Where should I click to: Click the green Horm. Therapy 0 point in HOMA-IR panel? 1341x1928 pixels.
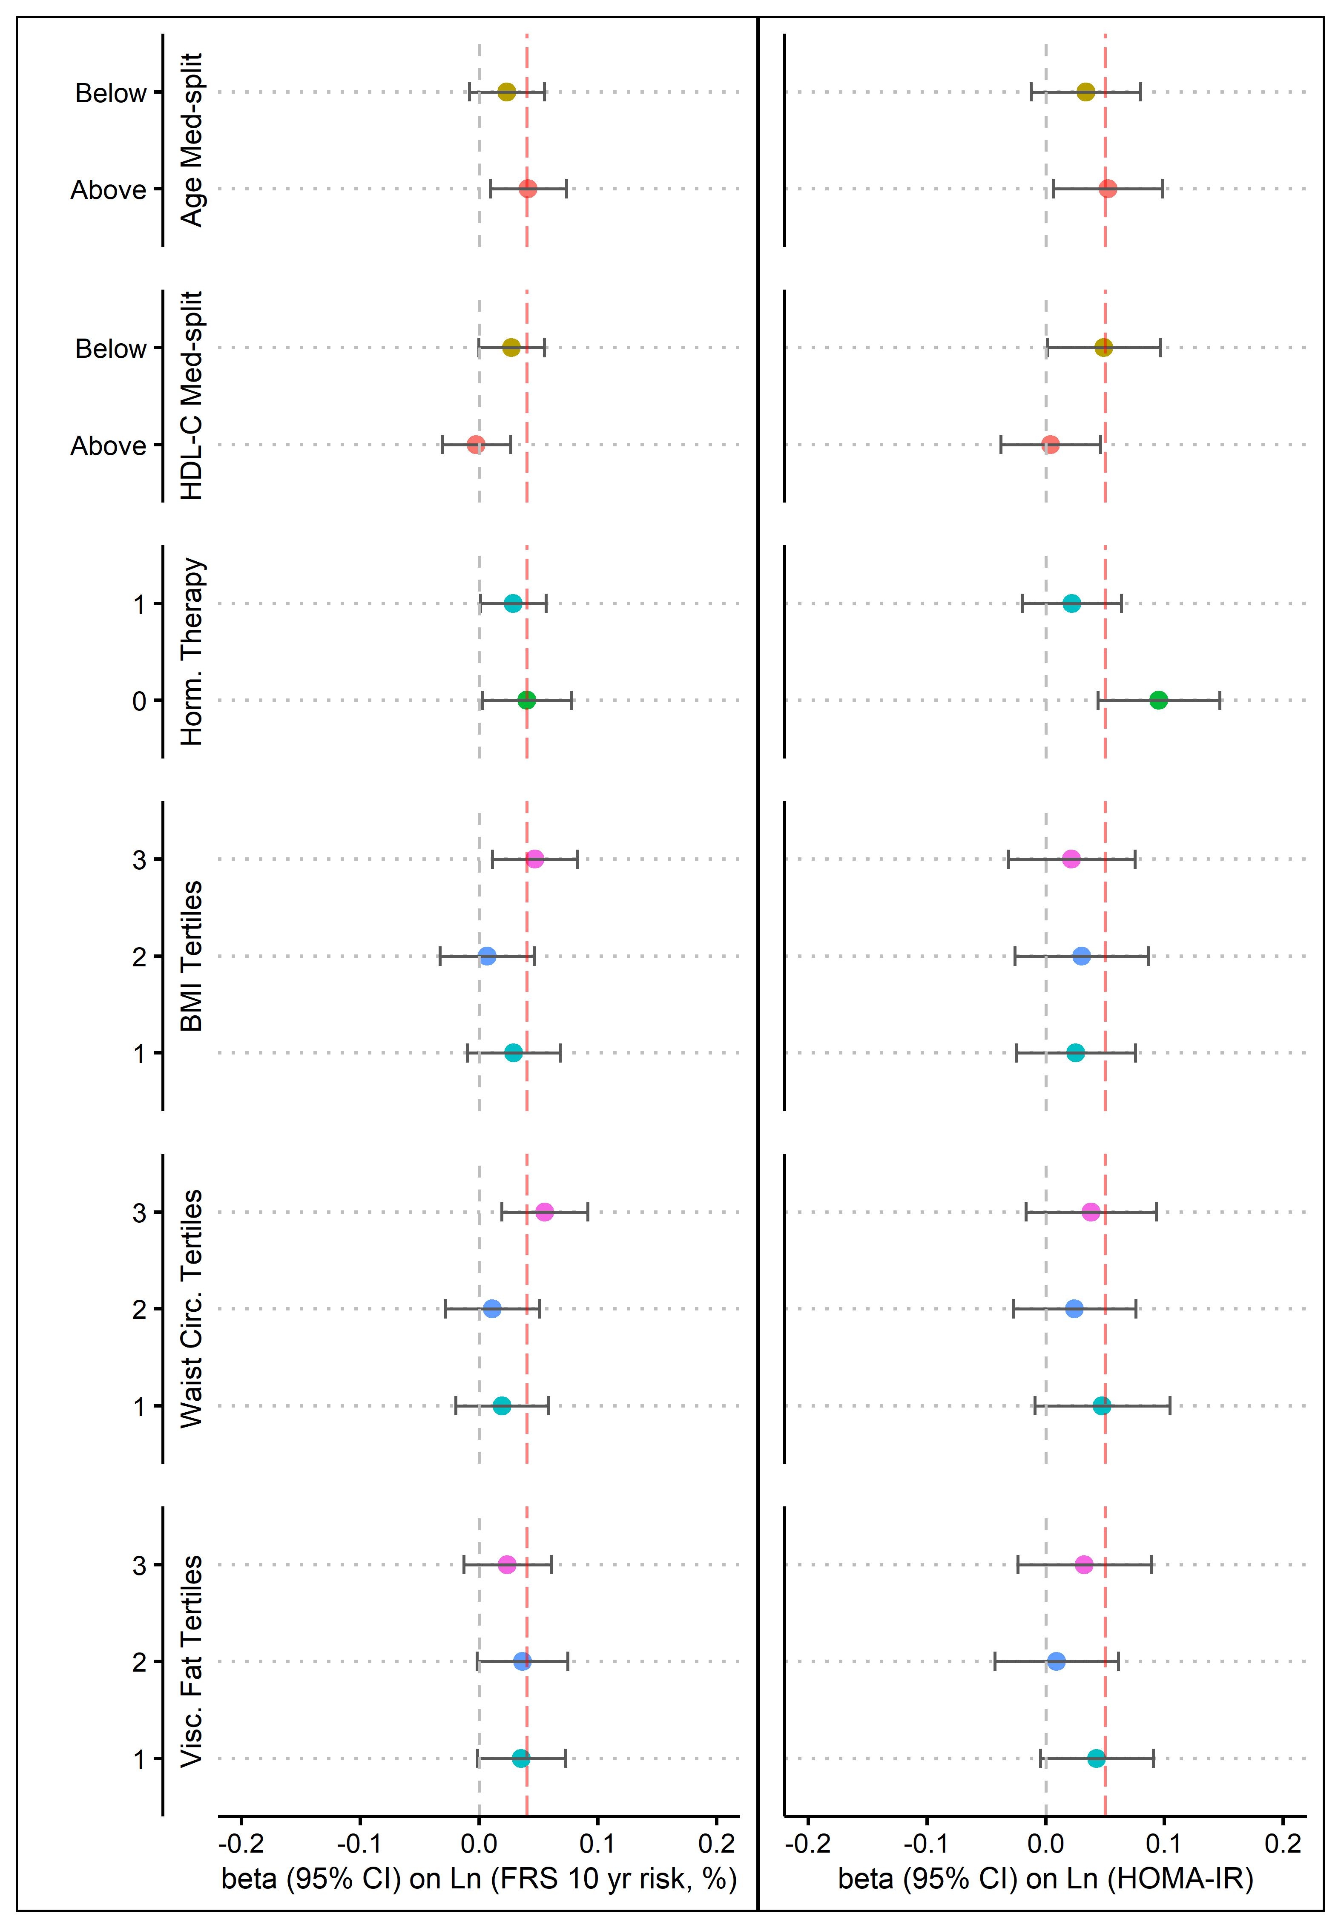[x=1158, y=700]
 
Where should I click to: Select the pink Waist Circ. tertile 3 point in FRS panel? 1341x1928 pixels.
[x=544, y=1212]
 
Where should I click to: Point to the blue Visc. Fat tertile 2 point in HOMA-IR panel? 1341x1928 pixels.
[x=1057, y=1661]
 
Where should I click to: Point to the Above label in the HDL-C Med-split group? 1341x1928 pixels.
[x=108, y=446]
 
